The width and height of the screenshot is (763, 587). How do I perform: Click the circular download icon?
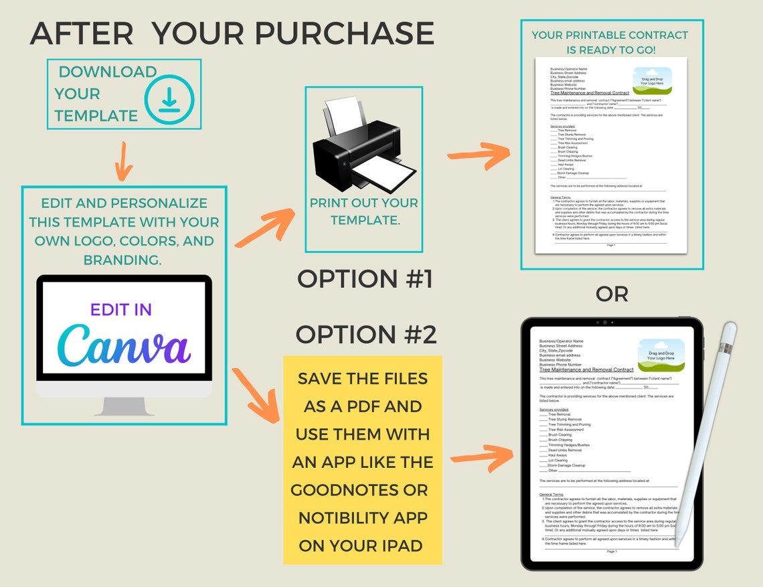pos(169,100)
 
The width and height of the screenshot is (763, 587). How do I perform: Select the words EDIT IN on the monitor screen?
pos(121,309)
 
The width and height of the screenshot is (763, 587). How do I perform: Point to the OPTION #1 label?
pos(365,279)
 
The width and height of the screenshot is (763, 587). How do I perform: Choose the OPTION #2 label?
pos(365,334)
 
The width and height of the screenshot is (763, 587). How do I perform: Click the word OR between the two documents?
pos(611,294)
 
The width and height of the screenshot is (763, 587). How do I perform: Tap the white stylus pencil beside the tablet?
pos(706,428)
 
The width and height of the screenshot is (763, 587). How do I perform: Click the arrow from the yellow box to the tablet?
pos(481,458)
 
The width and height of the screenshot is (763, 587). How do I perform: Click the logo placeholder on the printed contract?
pos(652,81)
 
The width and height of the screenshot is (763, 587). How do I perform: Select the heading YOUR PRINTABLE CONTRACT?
pos(610,35)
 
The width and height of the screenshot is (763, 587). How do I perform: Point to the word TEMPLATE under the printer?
pos(365,220)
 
